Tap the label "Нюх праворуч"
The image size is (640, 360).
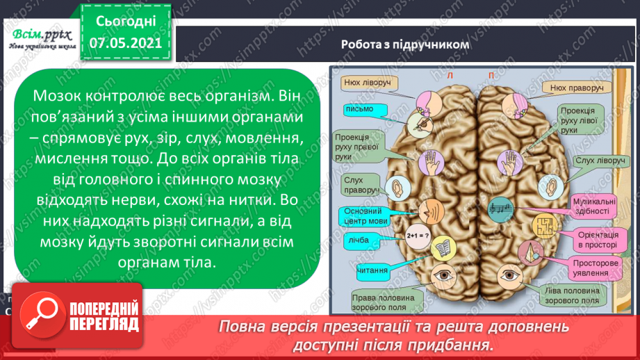click(x=575, y=88)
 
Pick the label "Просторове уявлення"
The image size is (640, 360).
click(x=592, y=269)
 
